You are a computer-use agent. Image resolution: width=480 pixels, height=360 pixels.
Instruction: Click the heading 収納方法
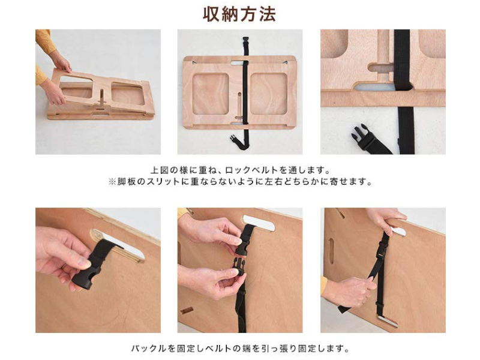point(239,14)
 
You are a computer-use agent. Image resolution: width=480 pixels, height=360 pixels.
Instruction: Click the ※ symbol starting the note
point(112,182)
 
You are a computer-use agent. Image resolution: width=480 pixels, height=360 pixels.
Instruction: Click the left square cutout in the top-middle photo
point(211,94)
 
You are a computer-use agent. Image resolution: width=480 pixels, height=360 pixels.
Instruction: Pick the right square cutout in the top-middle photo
point(269,94)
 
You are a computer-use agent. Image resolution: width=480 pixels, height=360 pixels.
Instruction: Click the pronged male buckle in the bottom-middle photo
point(239,266)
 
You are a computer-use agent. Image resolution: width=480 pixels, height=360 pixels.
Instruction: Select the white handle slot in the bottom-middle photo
point(258,223)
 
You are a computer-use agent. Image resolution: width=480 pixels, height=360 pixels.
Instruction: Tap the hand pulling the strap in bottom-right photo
point(349,291)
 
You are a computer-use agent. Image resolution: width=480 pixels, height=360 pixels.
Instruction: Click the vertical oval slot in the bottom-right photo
point(331,251)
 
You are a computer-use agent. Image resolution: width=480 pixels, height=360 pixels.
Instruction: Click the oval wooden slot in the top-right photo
point(380,68)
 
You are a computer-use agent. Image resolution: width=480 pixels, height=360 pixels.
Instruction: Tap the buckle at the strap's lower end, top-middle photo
point(234,139)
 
